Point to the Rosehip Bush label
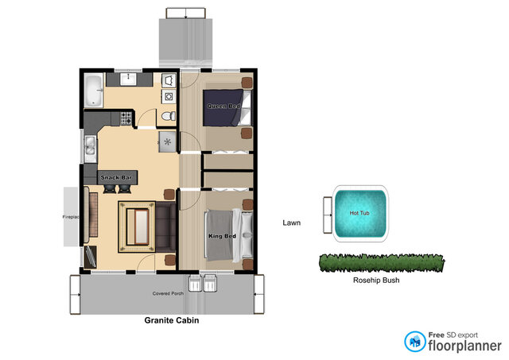point(375,280)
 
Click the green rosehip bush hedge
point(381,261)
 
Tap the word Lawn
point(291,223)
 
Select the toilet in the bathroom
point(166,117)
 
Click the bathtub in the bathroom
point(94,90)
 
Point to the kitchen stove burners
point(126,118)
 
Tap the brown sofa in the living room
point(165,226)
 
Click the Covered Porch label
point(168,294)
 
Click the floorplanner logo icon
point(414,342)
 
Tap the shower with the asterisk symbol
point(169,141)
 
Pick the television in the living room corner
point(90,255)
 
